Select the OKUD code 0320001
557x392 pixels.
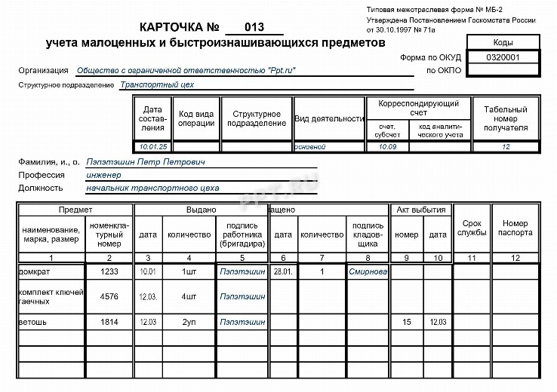tap(503, 57)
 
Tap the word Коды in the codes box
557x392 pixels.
tap(503, 42)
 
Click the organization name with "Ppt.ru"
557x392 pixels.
tap(186, 71)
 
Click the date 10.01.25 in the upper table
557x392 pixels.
tap(153, 146)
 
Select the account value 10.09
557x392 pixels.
tap(387, 146)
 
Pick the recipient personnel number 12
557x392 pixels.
tap(506, 146)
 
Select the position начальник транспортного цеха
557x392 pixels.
tap(152, 188)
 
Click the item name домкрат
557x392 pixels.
tap(35, 271)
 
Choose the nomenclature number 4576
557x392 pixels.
tap(109, 296)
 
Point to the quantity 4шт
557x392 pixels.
tap(189, 296)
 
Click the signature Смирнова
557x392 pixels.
tap(368, 271)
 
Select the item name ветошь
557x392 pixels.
tap(34, 322)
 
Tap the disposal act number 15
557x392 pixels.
tap(407, 322)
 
